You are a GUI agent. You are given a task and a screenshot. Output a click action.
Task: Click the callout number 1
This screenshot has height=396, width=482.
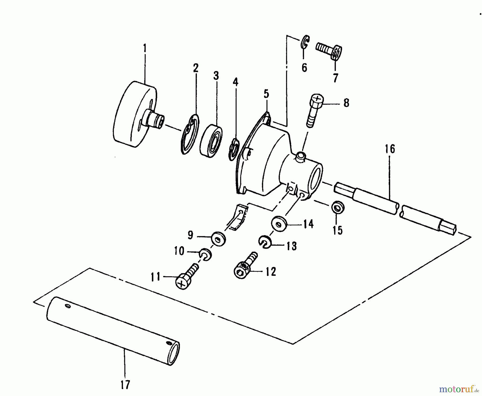pos(145,48)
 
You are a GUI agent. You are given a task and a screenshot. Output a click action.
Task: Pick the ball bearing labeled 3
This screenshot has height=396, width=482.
pos(212,140)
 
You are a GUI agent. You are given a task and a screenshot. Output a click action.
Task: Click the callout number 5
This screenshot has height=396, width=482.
pos(266,94)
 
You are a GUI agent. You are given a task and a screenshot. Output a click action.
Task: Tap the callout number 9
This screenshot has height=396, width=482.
pos(190,235)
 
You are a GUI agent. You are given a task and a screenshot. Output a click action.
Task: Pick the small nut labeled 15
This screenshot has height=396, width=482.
pos(337,207)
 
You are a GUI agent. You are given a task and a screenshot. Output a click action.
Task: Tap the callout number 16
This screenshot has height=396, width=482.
pos(390,149)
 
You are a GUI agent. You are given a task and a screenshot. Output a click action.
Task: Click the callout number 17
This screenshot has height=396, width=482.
pos(125,384)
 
